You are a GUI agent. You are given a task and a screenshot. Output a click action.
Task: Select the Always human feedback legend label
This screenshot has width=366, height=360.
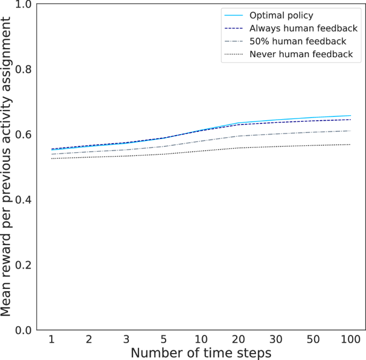[x=303, y=28]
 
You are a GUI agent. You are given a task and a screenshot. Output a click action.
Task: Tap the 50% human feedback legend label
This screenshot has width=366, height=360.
[x=298, y=41]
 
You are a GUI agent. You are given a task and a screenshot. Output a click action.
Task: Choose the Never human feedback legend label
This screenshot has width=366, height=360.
[x=301, y=54]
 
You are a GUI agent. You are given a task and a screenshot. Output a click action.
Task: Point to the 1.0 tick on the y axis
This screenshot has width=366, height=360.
[x=24, y=5]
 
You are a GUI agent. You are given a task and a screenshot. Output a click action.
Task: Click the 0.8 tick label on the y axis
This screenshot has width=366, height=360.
[x=24, y=70]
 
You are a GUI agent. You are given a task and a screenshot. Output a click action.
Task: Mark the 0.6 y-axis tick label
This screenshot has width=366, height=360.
[x=24, y=135]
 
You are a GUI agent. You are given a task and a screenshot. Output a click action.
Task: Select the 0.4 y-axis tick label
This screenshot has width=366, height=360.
[x=24, y=200]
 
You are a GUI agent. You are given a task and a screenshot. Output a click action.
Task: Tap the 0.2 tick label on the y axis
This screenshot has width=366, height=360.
[x=24, y=265]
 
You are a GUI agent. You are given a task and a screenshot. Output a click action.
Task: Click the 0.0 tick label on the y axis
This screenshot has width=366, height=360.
[x=24, y=330]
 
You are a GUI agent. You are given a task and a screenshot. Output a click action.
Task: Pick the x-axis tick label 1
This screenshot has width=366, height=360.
[x=52, y=340]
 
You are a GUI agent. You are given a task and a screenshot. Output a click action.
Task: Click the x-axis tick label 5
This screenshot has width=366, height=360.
[x=163, y=340]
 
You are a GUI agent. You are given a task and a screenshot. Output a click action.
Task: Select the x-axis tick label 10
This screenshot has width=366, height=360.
[x=201, y=340]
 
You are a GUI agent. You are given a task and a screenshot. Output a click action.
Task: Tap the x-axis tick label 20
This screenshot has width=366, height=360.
[x=238, y=340]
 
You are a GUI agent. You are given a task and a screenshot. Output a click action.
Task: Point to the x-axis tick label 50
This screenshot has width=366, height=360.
[x=313, y=340]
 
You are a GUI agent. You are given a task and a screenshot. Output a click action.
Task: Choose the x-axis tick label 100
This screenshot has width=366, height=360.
[x=350, y=340]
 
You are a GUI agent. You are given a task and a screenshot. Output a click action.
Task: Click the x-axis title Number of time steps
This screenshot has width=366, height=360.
[x=201, y=353]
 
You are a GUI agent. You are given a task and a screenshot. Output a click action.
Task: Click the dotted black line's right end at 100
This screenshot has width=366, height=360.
[x=351, y=144]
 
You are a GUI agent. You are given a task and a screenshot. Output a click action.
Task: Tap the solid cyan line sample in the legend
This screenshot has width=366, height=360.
[x=235, y=15]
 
